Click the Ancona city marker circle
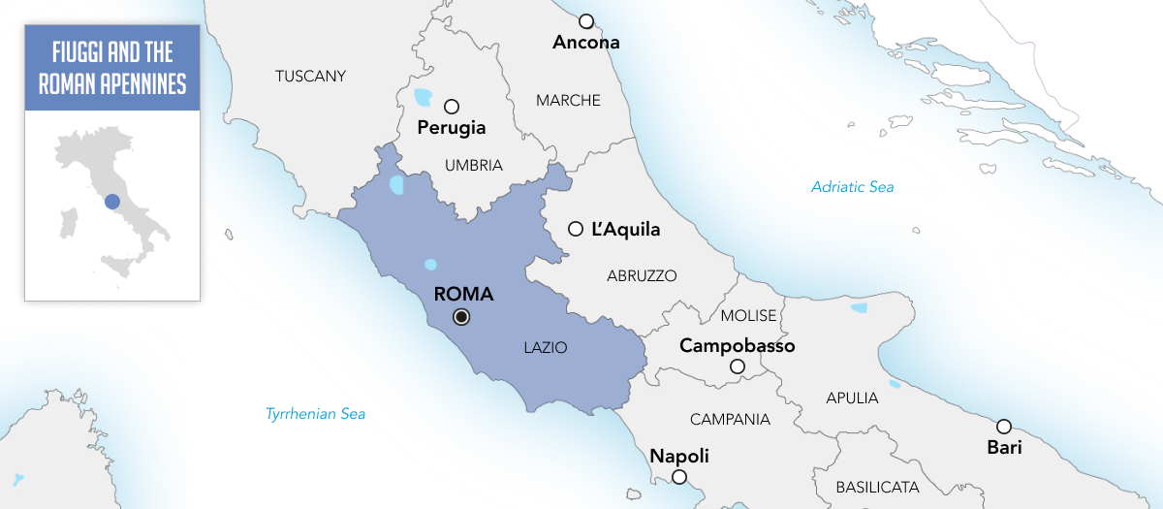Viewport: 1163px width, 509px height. coord(585,21)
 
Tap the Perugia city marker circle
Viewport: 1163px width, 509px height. coord(451,107)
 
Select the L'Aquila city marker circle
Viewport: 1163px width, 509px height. coord(576,229)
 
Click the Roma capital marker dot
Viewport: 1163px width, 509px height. coord(462,316)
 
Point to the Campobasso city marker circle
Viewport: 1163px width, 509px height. coord(738,366)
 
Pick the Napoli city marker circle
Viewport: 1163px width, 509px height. coord(679,476)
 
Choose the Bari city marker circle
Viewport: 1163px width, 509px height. coord(1004,427)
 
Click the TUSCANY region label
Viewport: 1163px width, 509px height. coord(310,76)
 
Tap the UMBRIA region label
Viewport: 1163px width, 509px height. coord(474,166)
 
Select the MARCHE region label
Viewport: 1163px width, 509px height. coord(568,100)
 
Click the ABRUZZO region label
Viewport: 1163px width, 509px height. coord(642,275)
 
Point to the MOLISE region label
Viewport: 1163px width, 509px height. coord(748,316)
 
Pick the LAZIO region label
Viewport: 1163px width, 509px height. coord(545,346)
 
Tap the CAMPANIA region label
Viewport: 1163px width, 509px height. coord(730,420)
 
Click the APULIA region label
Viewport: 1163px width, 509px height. coord(852,398)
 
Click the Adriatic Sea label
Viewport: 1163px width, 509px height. coord(853,187)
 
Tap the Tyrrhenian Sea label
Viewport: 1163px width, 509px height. coord(315,414)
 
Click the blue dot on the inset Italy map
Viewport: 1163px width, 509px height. coord(112,202)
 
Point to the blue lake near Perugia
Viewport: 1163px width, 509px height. coord(422,97)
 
